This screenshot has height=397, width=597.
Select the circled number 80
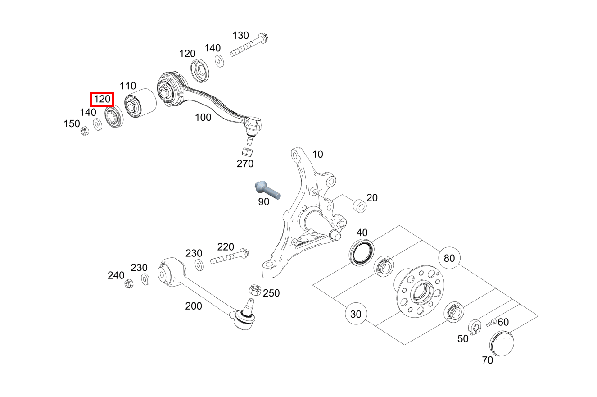[449, 258]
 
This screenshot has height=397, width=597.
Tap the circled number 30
[356, 314]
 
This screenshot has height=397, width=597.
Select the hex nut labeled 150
[84, 131]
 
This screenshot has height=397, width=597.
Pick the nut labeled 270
[246, 151]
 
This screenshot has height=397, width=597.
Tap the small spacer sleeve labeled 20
[360, 206]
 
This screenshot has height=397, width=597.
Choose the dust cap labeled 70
[501, 343]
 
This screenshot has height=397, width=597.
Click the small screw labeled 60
[490, 323]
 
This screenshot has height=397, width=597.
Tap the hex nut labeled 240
[128, 284]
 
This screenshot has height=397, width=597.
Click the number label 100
[203, 118]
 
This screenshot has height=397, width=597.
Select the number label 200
[194, 306]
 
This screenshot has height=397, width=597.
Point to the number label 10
[317, 154]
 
